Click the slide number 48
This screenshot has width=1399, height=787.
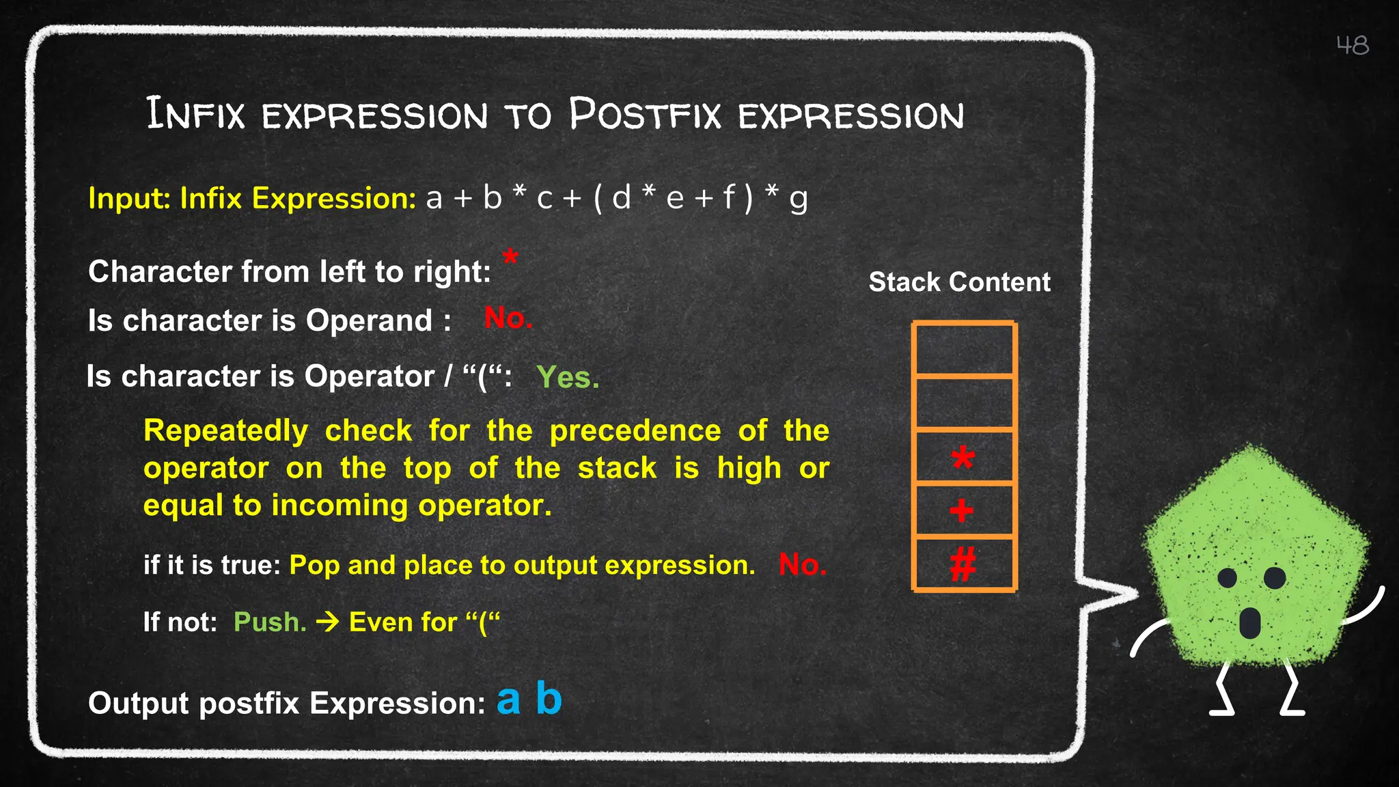pos(1352,46)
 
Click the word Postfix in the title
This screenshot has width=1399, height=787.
pos(645,114)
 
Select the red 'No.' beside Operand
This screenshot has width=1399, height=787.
pos(508,318)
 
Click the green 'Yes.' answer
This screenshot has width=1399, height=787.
pos(568,377)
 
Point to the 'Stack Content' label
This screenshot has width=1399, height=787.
pos(959,282)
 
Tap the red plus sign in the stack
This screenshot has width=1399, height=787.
pos(961,510)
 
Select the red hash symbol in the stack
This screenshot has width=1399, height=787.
pos(962,564)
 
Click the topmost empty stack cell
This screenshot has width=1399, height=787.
pos(964,349)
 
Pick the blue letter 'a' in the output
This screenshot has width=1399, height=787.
pos(508,700)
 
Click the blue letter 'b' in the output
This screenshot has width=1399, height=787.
pos(549,698)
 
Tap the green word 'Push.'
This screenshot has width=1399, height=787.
pos(270,622)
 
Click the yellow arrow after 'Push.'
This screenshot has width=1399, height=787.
pos(328,622)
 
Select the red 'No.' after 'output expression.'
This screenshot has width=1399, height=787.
pos(802,565)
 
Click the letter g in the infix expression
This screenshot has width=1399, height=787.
pos(798,200)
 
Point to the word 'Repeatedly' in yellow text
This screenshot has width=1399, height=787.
pos(225,431)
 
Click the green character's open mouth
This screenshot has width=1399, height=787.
pos(1249,622)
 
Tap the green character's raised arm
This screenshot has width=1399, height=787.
pos(1364,607)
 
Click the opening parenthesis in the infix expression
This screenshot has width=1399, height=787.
pos(598,199)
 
